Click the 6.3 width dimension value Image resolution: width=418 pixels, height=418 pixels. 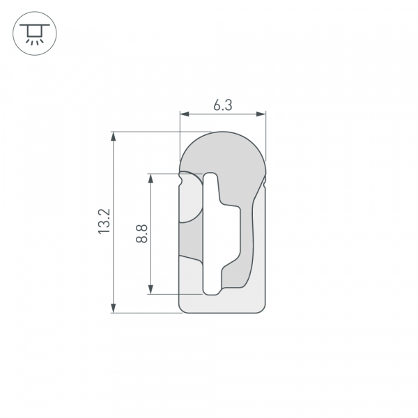tap(222, 105)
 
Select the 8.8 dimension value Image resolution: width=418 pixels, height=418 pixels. tap(142, 233)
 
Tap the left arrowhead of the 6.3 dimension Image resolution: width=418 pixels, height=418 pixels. tap(183, 114)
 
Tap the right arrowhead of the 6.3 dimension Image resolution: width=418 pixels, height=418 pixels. tap(263, 114)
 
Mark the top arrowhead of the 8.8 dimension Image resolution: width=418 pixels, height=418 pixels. tap(150, 177)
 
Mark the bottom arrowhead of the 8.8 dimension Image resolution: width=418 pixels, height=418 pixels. tap(150, 290)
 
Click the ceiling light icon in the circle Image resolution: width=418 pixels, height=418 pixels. tap(32, 32)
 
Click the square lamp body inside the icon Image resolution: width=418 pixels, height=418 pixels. tap(32, 31)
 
